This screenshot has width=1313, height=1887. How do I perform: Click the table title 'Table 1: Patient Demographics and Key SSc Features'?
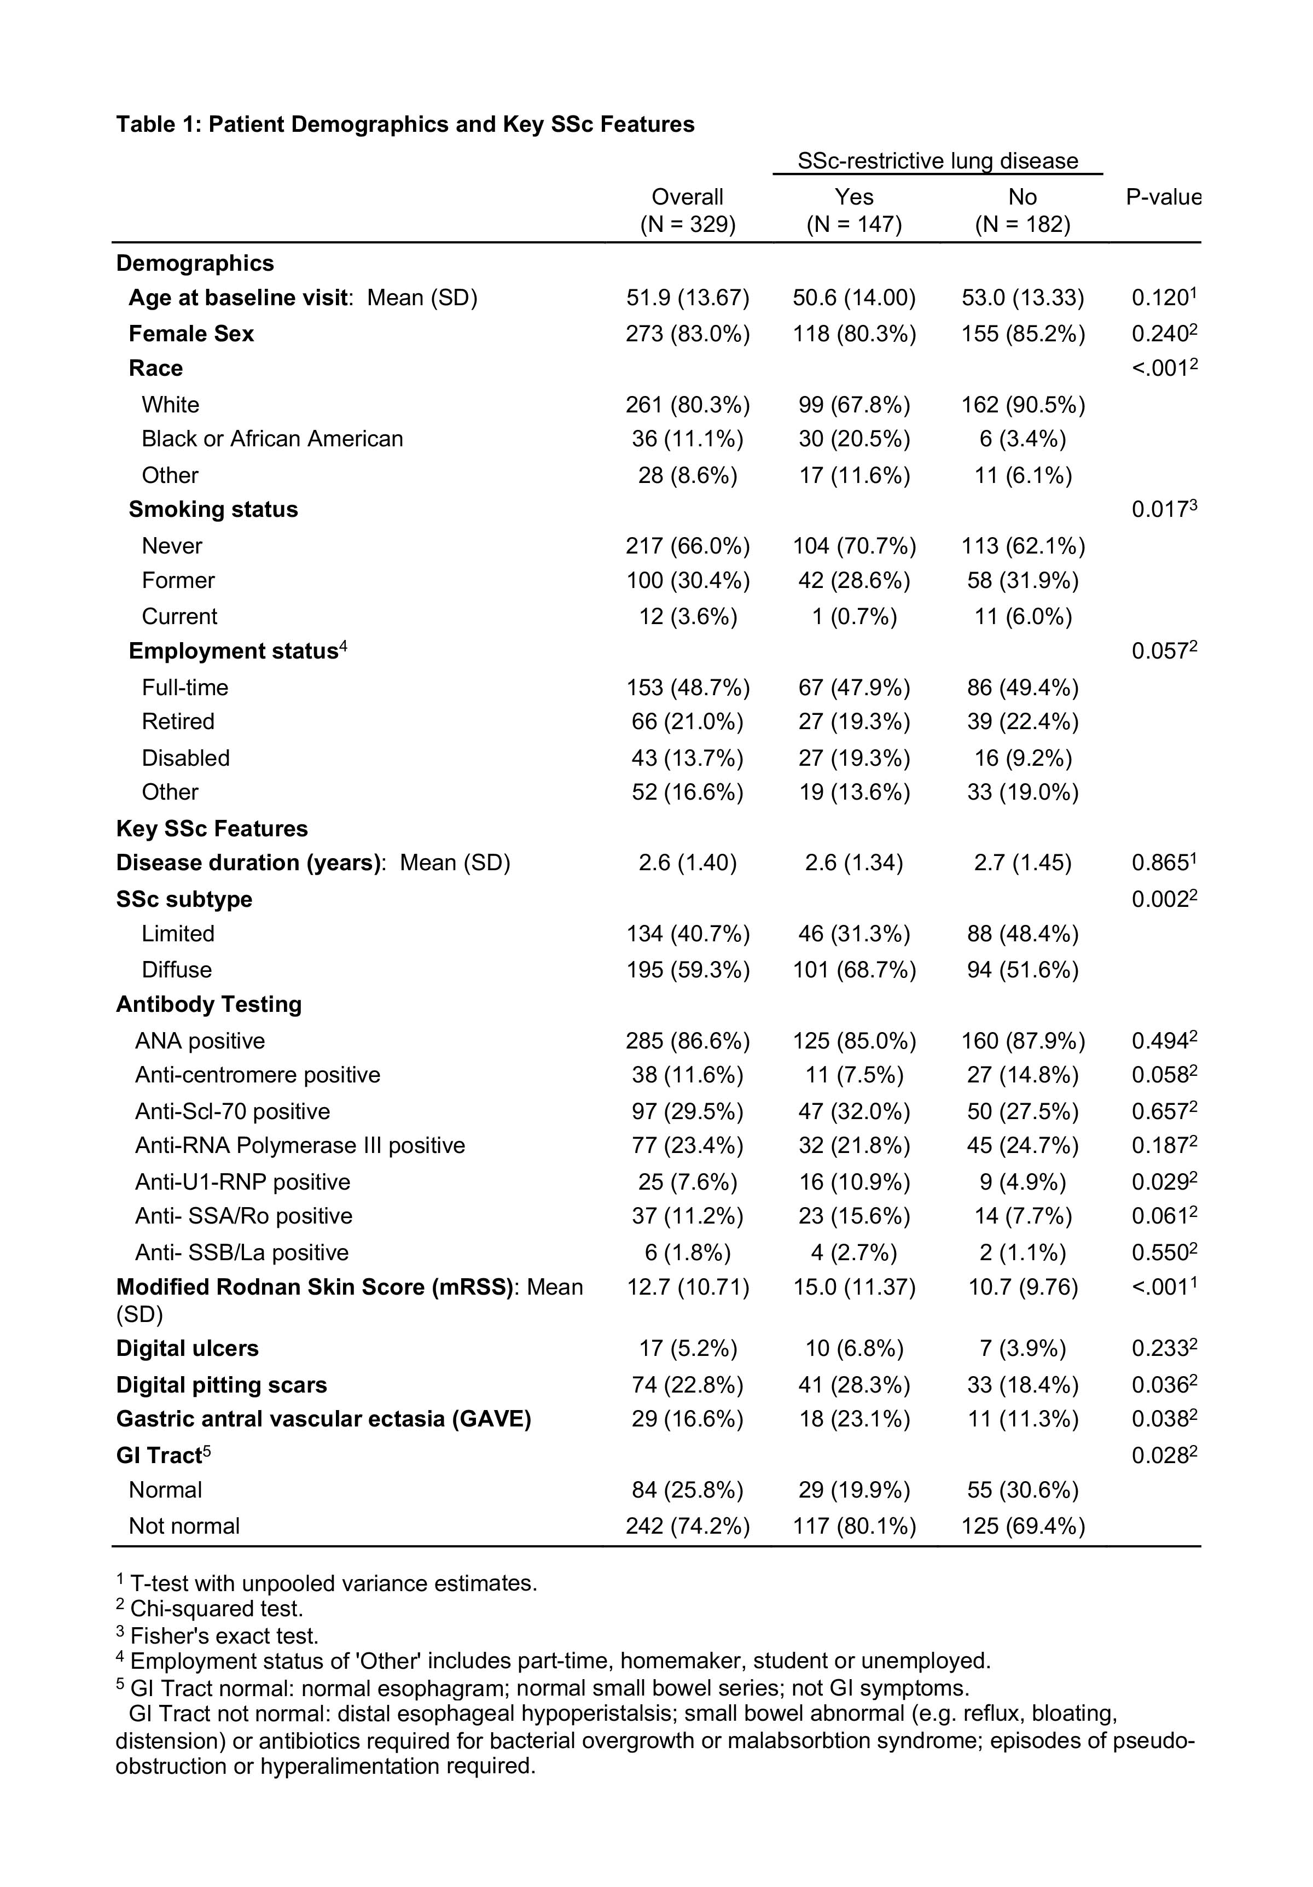pos(404,124)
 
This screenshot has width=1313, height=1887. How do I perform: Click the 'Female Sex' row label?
pos(191,333)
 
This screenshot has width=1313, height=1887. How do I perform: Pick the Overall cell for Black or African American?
pos(687,439)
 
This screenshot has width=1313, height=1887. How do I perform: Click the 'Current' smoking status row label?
pos(179,616)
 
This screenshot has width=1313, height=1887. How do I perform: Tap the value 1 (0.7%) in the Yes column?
pos(854,616)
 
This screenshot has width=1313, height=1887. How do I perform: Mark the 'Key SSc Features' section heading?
pos(212,829)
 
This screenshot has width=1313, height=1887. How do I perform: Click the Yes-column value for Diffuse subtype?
pos(854,970)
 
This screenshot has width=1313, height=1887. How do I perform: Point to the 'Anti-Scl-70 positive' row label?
pos(233,1111)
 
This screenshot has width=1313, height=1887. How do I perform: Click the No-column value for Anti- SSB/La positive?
pos(1022,1253)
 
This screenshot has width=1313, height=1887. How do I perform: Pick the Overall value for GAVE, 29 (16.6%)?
pos(687,1419)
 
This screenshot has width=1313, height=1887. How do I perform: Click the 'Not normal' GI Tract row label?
pos(184,1526)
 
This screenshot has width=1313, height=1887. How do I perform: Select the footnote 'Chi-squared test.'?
pos(216,1609)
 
